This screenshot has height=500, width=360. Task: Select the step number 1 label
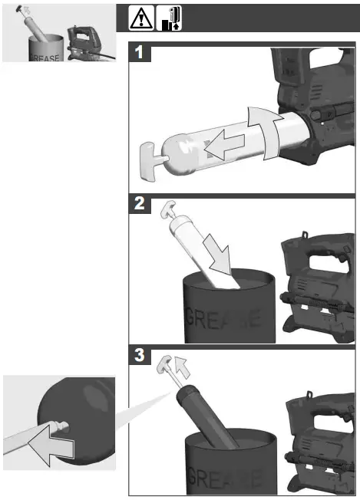click(x=140, y=54)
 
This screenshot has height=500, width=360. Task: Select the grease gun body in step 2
click(x=319, y=288)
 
